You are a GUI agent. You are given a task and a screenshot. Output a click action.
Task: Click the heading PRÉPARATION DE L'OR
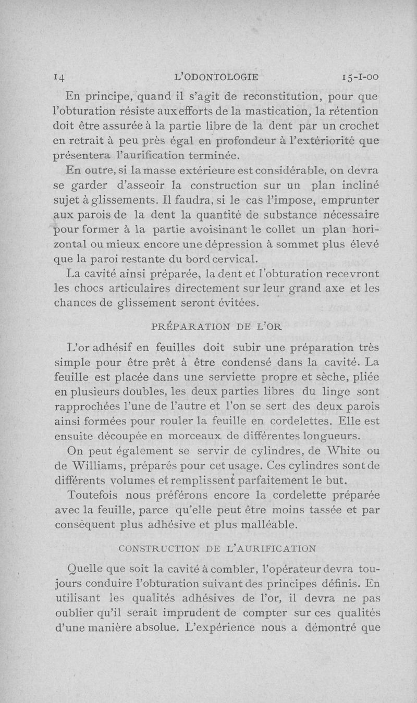(216, 326)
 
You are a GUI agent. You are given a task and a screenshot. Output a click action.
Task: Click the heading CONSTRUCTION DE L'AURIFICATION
(217, 548)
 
